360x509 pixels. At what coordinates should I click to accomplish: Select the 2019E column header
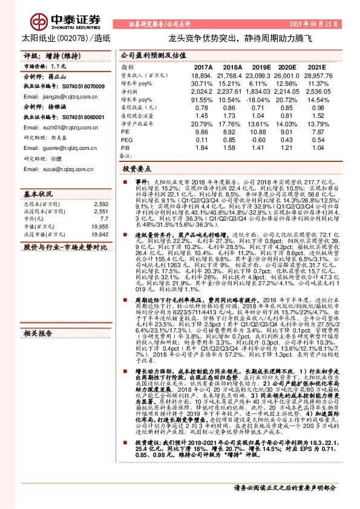pyautogui.click(x=262, y=66)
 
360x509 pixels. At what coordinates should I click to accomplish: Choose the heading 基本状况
pyautogui.click(x=38, y=195)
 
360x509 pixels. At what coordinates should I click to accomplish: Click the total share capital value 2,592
pyautogui.click(x=101, y=204)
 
